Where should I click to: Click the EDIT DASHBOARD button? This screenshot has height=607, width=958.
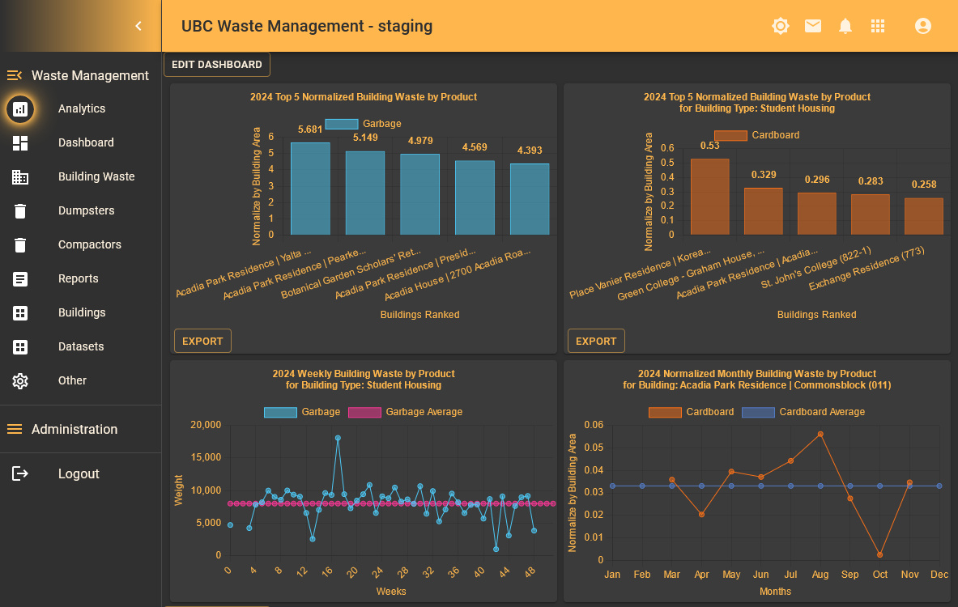[x=217, y=65]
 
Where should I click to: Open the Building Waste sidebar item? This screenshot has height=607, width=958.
[x=96, y=176]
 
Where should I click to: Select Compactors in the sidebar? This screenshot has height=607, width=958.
[x=89, y=244]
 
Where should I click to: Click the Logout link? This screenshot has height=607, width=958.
[x=78, y=474]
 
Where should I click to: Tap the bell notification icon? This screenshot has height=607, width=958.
[x=845, y=27]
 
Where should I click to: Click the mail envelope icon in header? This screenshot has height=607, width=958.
[x=813, y=27]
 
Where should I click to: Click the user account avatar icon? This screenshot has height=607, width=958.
[x=922, y=27]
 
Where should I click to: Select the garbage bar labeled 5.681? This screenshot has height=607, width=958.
[x=310, y=189]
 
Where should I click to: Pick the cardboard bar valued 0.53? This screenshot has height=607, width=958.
[x=709, y=197]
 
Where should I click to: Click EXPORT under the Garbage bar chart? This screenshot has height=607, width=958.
[x=202, y=342]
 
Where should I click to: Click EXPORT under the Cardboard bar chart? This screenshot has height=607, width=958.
[x=596, y=342]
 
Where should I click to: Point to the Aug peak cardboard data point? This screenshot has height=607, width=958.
[x=820, y=435]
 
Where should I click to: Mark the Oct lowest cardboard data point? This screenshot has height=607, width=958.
[x=879, y=555]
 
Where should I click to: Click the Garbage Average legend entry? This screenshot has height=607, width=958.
[x=405, y=412]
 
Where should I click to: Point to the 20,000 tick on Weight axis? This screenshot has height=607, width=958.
[x=206, y=425]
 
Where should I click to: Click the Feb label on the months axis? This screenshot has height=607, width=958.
[x=642, y=575]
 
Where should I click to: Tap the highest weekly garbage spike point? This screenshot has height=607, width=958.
[x=338, y=438]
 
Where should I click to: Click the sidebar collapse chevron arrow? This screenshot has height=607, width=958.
[x=138, y=26]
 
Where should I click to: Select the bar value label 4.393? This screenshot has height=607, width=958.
[x=530, y=151]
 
